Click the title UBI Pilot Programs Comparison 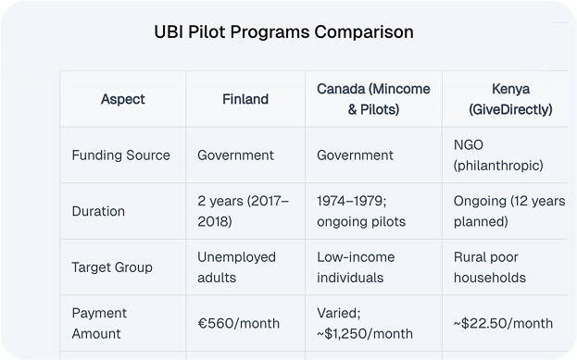(x=283, y=32)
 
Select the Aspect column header (x=122, y=99)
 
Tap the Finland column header (x=245, y=99)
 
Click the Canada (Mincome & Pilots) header (x=365, y=99)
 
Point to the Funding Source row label (x=120, y=155)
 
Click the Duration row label (x=98, y=210)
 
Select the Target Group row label (x=112, y=267)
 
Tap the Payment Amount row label (x=99, y=323)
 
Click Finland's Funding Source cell (x=235, y=155)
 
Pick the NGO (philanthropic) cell (x=498, y=155)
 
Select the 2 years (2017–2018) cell (x=243, y=210)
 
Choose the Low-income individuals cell (x=357, y=267)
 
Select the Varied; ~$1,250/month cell (x=364, y=323)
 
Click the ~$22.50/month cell (x=503, y=323)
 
